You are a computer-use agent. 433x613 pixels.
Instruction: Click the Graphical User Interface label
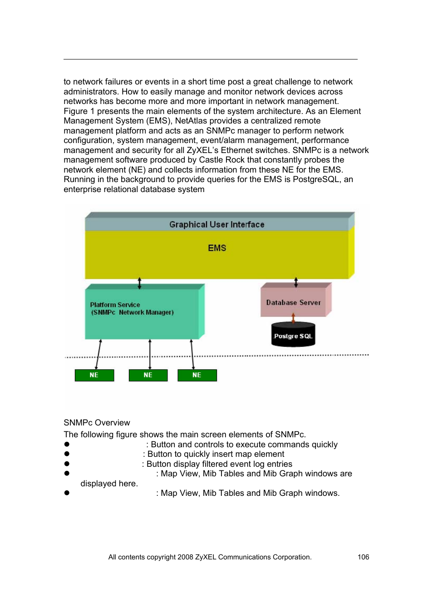tap(216, 224)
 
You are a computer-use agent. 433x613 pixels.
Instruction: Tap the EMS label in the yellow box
tap(217, 248)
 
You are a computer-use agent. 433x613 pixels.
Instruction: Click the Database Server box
tap(293, 302)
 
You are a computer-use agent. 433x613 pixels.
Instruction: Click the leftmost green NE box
tap(94, 375)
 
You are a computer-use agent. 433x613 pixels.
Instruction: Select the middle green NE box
tap(148, 375)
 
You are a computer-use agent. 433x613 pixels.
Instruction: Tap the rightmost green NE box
tap(197, 375)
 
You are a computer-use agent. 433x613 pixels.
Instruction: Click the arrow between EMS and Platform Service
tap(139, 283)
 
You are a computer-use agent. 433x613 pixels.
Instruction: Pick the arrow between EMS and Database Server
tap(296, 282)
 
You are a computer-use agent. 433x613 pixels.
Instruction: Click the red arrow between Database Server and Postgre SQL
tap(293, 318)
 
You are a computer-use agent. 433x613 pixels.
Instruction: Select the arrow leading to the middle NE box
tap(150, 354)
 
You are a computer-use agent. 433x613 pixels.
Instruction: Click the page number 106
tap(363, 557)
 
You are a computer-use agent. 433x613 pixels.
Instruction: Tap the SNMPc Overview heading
tap(97, 423)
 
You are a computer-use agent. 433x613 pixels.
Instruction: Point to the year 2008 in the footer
tap(185, 557)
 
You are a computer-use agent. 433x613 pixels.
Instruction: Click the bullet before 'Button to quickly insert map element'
tap(67, 454)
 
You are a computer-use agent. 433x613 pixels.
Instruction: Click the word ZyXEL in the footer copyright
tap(206, 557)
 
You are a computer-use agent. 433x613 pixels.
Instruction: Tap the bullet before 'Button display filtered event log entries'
tap(67, 464)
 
